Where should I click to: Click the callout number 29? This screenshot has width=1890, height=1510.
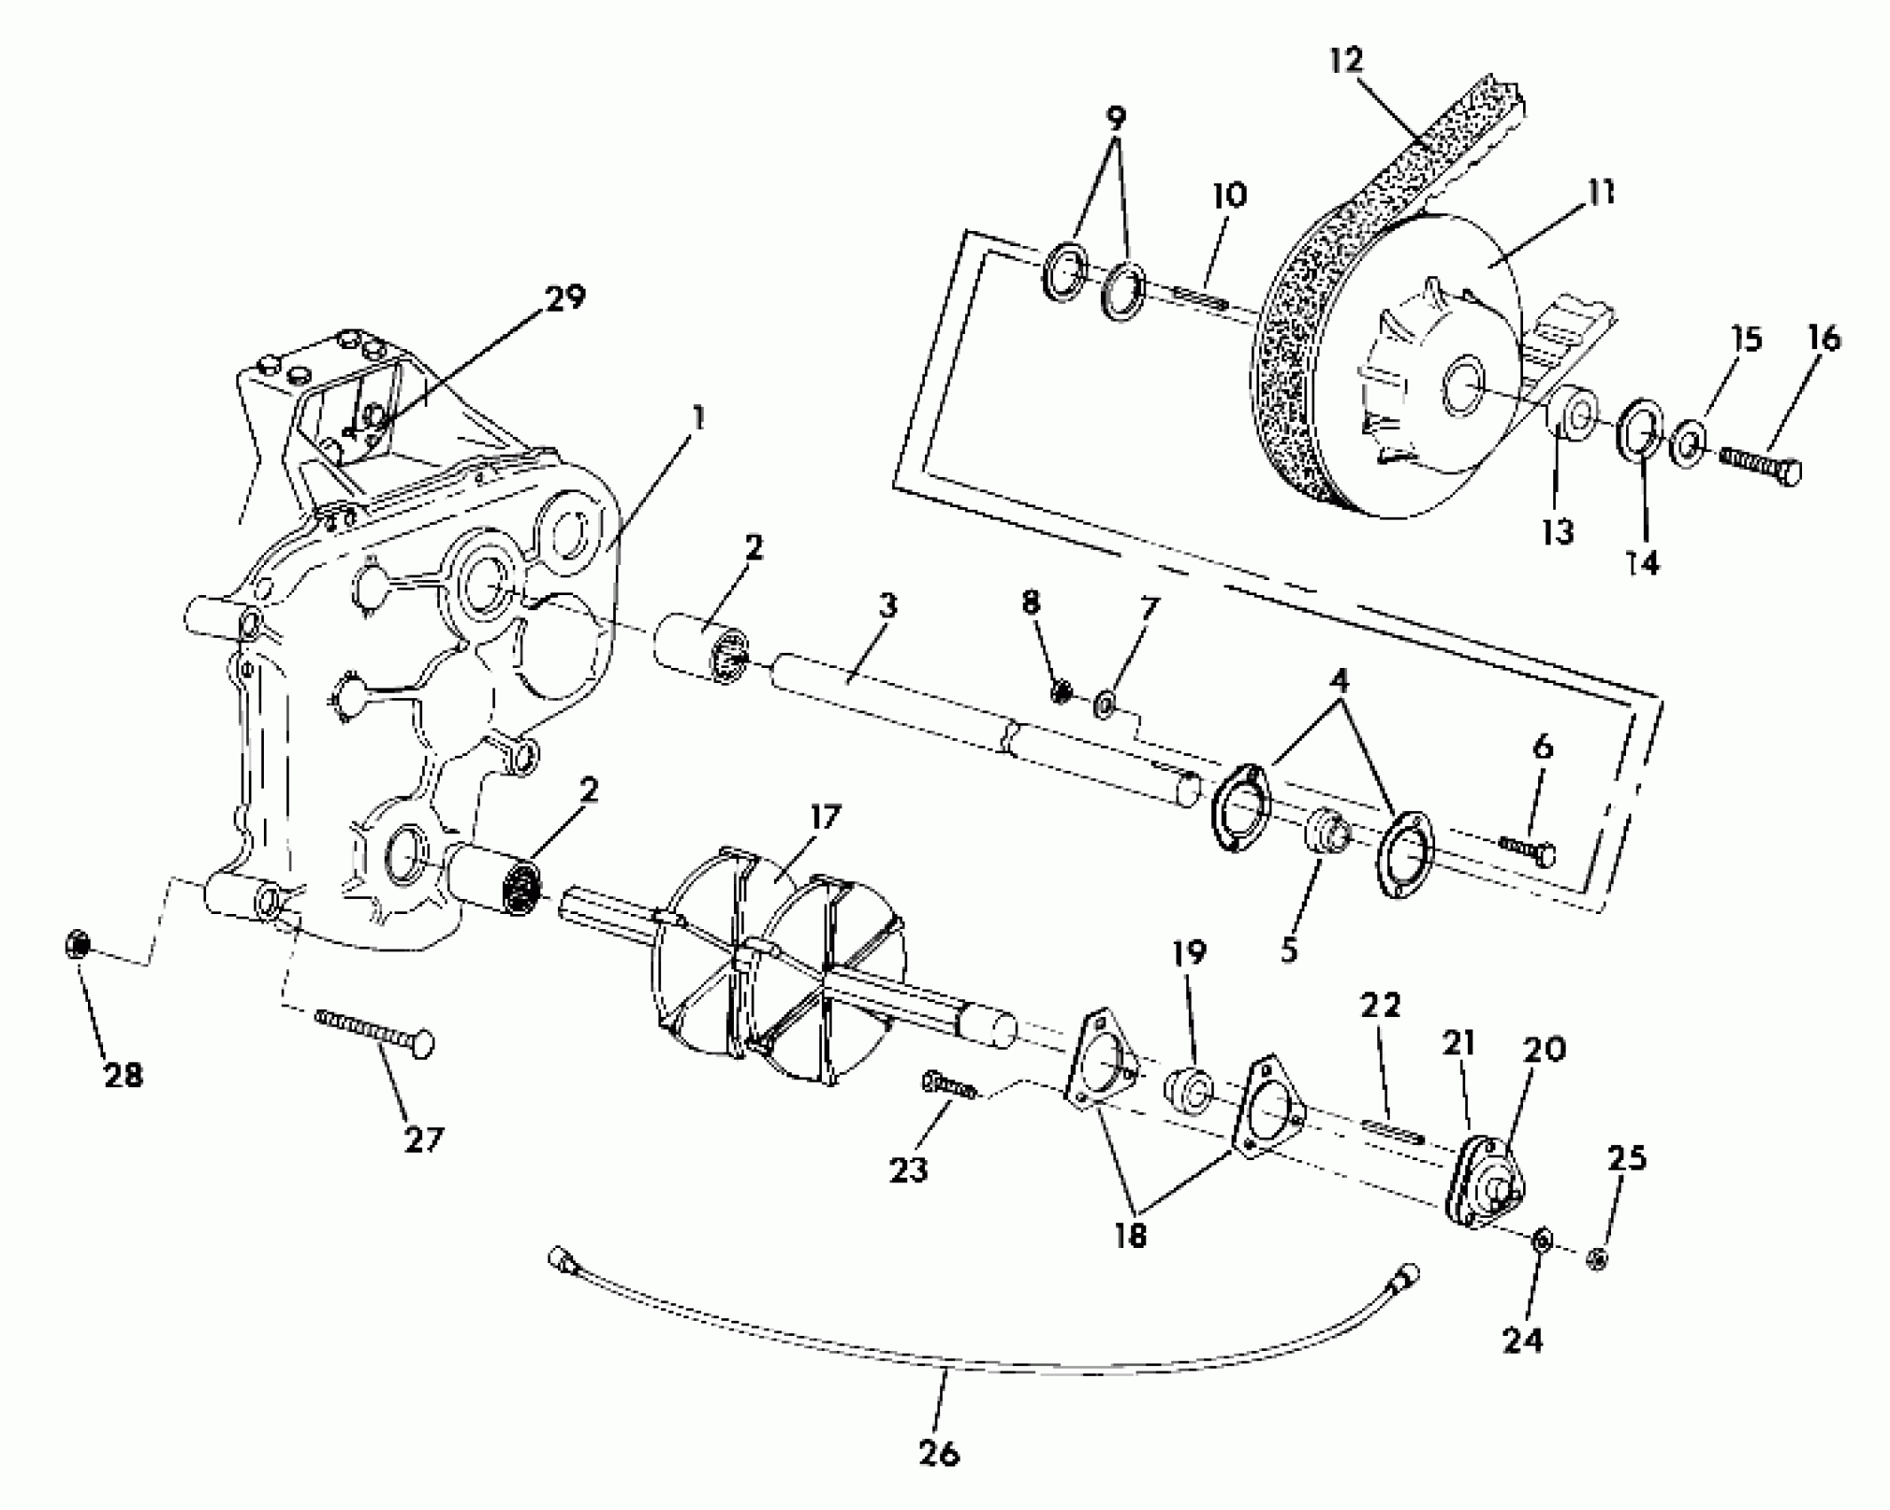point(565,298)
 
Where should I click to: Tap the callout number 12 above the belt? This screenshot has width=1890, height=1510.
point(1346,61)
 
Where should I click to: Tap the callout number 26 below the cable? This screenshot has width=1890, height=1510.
point(939,1453)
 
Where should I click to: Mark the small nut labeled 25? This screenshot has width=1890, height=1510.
point(1596,1259)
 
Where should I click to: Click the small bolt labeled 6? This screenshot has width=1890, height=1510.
point(1527,849)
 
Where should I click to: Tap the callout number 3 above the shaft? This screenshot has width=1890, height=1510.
point(888,607)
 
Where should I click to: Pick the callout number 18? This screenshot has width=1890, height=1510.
point(1130,1236)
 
